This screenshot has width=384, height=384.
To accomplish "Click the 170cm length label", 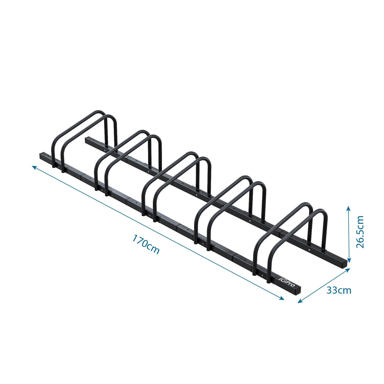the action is point(146,244).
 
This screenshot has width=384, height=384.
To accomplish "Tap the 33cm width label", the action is point(339,290).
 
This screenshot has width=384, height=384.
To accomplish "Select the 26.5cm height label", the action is point(360,232).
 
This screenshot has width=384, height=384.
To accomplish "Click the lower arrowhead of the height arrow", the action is point(348,261).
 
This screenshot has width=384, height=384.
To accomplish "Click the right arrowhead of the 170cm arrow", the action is point(282,298).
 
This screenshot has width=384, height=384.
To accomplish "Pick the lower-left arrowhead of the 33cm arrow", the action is point(300,301).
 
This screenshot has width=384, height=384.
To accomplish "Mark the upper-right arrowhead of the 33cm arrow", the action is point(348,269).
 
